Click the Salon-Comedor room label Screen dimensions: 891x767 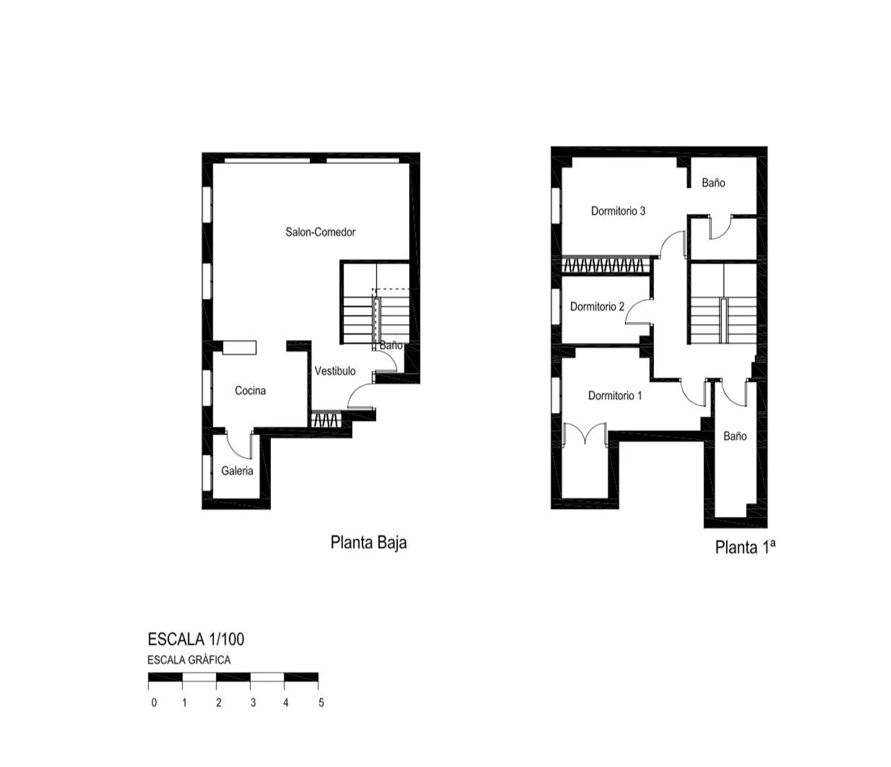(x=320, y=232)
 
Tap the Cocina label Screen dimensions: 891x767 (x=250, y=390)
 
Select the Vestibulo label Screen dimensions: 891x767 (x=335, y=371)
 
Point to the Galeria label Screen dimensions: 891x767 (x=237, y=471)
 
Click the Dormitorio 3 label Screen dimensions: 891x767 (x=618, y=211)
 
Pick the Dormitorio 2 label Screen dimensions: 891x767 (x=597, y=307)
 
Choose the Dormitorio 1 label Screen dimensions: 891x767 (x=615, y=395)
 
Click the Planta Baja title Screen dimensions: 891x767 (x=368, y=542)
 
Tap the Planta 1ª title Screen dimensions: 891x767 (x=745, y=547)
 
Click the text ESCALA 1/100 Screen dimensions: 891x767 (x=196, y=639)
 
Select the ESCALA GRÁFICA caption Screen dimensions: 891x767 (x=189, y=660)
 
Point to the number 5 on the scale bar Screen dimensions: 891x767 (x=321, y=703)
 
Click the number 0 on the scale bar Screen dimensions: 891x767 (x=154, y=703)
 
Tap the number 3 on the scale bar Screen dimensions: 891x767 (x=253, y=703)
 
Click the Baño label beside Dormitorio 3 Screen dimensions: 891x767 (x=713, y=183)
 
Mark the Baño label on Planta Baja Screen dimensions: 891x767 (x=391, y=345)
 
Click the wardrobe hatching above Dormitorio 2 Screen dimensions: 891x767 (x=606, y=265)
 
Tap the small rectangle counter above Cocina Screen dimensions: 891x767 (x=239, y=348)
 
